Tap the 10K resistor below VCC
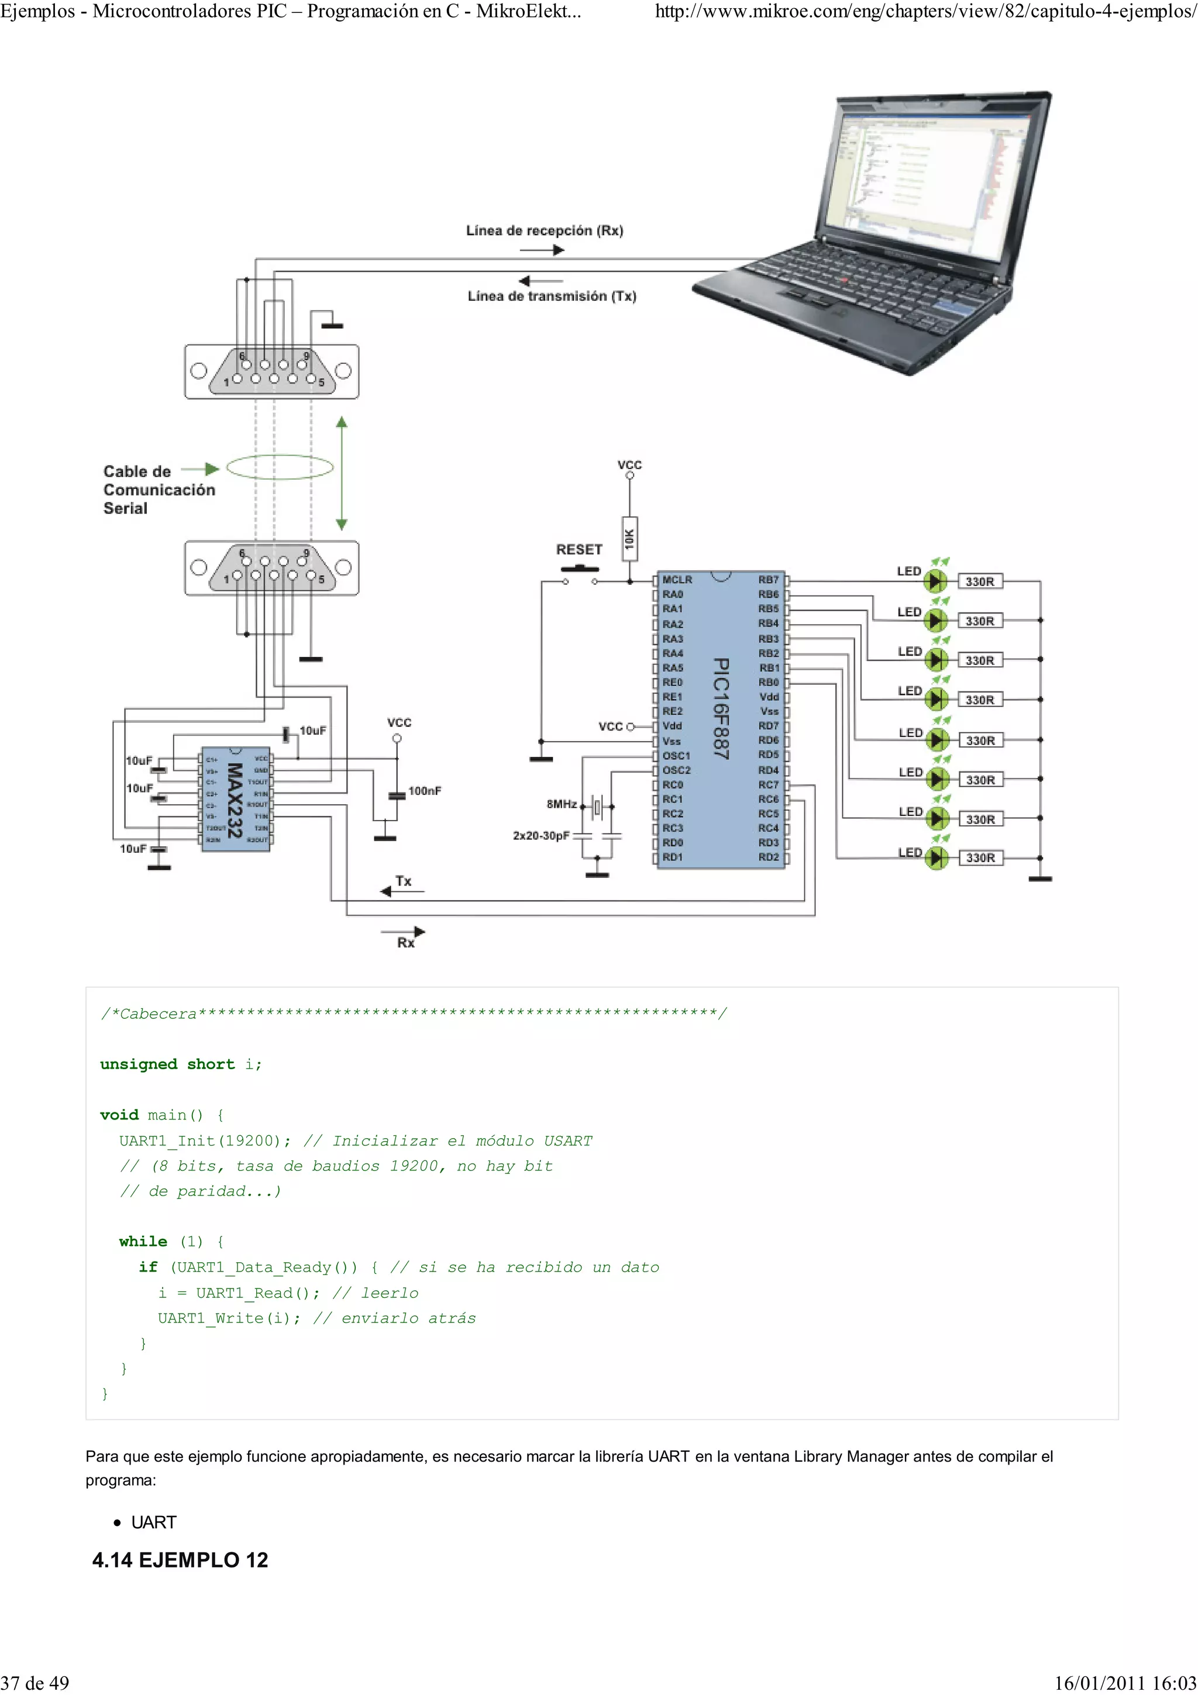(629, 539)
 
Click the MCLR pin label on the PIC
(676, 580)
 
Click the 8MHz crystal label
(561, 804)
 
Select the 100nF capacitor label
(425, 791)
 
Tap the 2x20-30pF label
(541, 836)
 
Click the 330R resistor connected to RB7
(979, 582)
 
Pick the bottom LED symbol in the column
(936, 858)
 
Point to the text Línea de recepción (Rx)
(544, 230)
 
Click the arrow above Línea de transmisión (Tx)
(541, 281)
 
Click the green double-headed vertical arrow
(341, 473)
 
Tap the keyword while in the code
(143, 1242)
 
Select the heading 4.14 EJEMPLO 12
(180, 1560)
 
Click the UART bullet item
(153, 1522)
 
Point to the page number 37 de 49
(36, 1682)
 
